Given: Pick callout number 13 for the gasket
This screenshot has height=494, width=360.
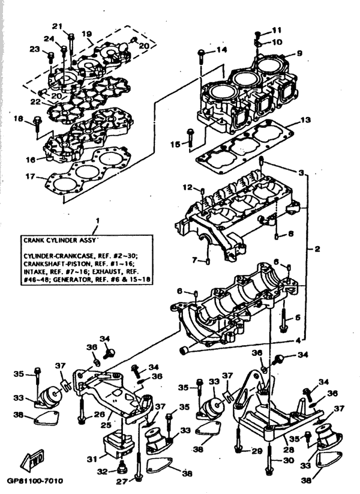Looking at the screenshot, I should pyautogui.click(x=305, y=120).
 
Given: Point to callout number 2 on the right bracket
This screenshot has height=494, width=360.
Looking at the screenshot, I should pyautogui.click(x=318, y=248).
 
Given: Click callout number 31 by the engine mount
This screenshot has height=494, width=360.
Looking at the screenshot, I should pyautogui.click(x=91, y=459).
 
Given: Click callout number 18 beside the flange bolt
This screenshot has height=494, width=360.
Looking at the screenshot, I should pyautogui.click(x=19, y=119).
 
